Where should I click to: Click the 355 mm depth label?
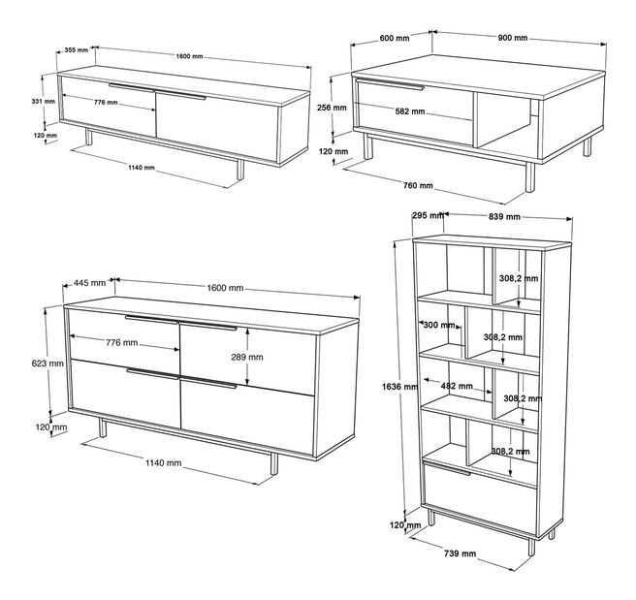[77, 50]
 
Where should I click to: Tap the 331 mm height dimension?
[44, 102]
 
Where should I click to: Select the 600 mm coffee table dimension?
[395, 38]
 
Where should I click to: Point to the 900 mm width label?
[513, 38]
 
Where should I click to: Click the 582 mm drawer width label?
[410, 111]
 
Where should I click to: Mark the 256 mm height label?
[332, 108]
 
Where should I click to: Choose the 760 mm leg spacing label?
[418, 186]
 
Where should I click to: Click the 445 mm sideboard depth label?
[89, 283]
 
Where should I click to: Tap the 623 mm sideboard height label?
[48, 363]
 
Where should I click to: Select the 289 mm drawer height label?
[247, 357]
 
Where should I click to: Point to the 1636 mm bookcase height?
[399, 387]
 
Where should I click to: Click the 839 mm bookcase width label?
[504, 217]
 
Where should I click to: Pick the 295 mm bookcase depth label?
[428, 216]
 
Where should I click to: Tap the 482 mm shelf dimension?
[457, 386]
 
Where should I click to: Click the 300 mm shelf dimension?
[439, 325]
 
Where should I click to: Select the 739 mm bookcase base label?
[460, 553]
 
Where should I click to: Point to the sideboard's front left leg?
[102, 427]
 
